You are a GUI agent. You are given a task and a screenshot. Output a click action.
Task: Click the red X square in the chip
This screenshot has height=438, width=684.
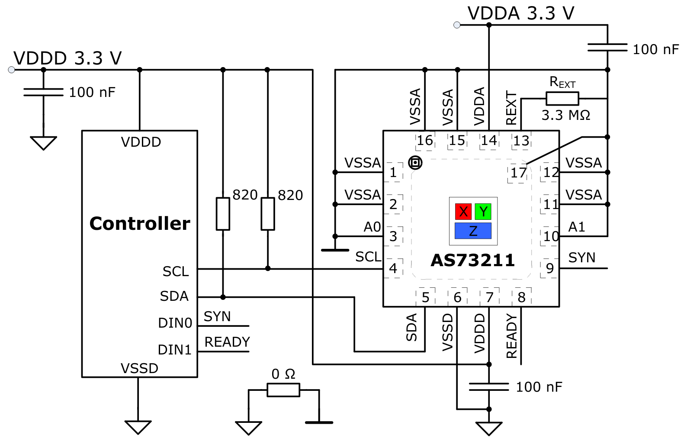463,212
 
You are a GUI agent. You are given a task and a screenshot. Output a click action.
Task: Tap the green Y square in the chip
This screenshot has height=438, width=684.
483,212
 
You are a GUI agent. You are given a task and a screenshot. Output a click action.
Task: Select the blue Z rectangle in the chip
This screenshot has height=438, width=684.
473,231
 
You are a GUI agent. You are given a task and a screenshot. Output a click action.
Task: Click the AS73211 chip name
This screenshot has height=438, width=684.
472,260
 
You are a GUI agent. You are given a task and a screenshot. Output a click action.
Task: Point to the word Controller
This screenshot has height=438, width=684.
140,223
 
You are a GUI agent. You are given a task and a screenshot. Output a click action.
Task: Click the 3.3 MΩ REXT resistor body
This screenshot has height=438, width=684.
562,99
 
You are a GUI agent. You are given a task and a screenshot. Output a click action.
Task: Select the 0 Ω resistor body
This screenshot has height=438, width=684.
283,390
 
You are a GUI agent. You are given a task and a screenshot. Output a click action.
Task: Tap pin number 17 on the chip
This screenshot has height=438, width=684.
518,173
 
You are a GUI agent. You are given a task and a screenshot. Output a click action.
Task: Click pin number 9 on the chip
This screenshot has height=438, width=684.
549,268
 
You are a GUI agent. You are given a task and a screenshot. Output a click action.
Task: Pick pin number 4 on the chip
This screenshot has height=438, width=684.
393,268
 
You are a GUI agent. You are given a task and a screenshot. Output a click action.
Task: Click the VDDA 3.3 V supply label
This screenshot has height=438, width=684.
521,13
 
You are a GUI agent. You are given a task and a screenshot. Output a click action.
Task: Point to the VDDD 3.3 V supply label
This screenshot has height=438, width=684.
67,58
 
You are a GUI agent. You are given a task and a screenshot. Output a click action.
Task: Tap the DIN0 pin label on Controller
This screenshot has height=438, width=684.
175,323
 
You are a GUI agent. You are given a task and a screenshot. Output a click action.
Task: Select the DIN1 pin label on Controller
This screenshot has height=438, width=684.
174,350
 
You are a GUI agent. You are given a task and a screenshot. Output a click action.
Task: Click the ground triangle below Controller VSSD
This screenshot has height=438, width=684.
138,427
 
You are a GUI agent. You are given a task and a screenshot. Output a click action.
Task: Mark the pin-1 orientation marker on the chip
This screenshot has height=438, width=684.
415,163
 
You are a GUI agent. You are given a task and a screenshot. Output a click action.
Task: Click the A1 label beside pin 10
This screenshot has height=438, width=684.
577,227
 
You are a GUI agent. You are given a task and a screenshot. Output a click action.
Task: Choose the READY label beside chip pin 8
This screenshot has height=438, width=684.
512,336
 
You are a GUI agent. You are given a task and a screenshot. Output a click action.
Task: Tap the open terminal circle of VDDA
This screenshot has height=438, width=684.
457,25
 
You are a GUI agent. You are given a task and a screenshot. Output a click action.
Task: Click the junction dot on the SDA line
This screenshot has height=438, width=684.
223,297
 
